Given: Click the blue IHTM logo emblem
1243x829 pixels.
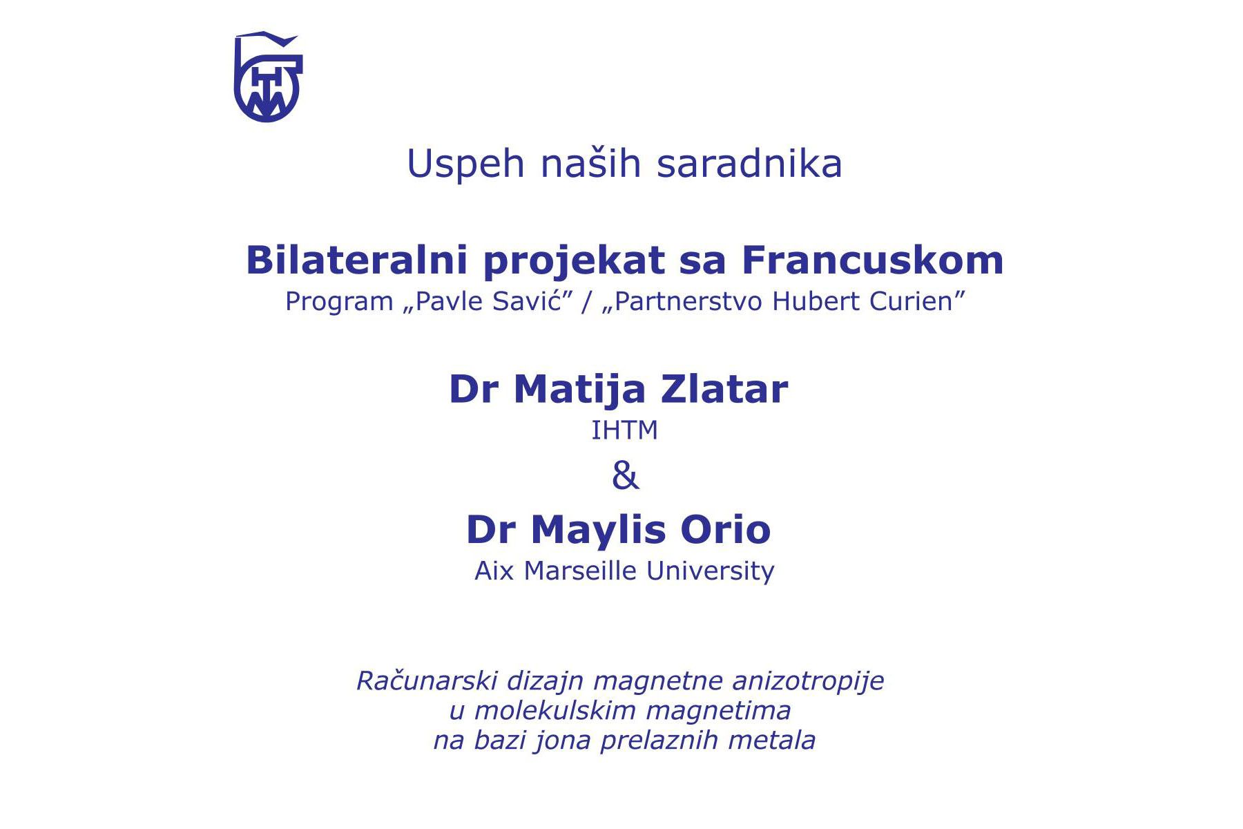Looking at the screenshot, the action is click(268, 77).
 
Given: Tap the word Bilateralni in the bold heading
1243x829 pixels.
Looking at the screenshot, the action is click(358, 260).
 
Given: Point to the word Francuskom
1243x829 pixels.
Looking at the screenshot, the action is click(873, 260).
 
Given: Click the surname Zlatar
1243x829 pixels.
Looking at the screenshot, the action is click(724, 389).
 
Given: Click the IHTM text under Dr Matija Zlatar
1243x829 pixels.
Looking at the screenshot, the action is click(625, 430).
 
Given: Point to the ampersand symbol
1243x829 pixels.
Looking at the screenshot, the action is click(626, 476).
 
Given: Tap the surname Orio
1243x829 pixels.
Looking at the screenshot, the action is click(726, 530).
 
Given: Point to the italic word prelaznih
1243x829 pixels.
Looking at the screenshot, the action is click(660, 741).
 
